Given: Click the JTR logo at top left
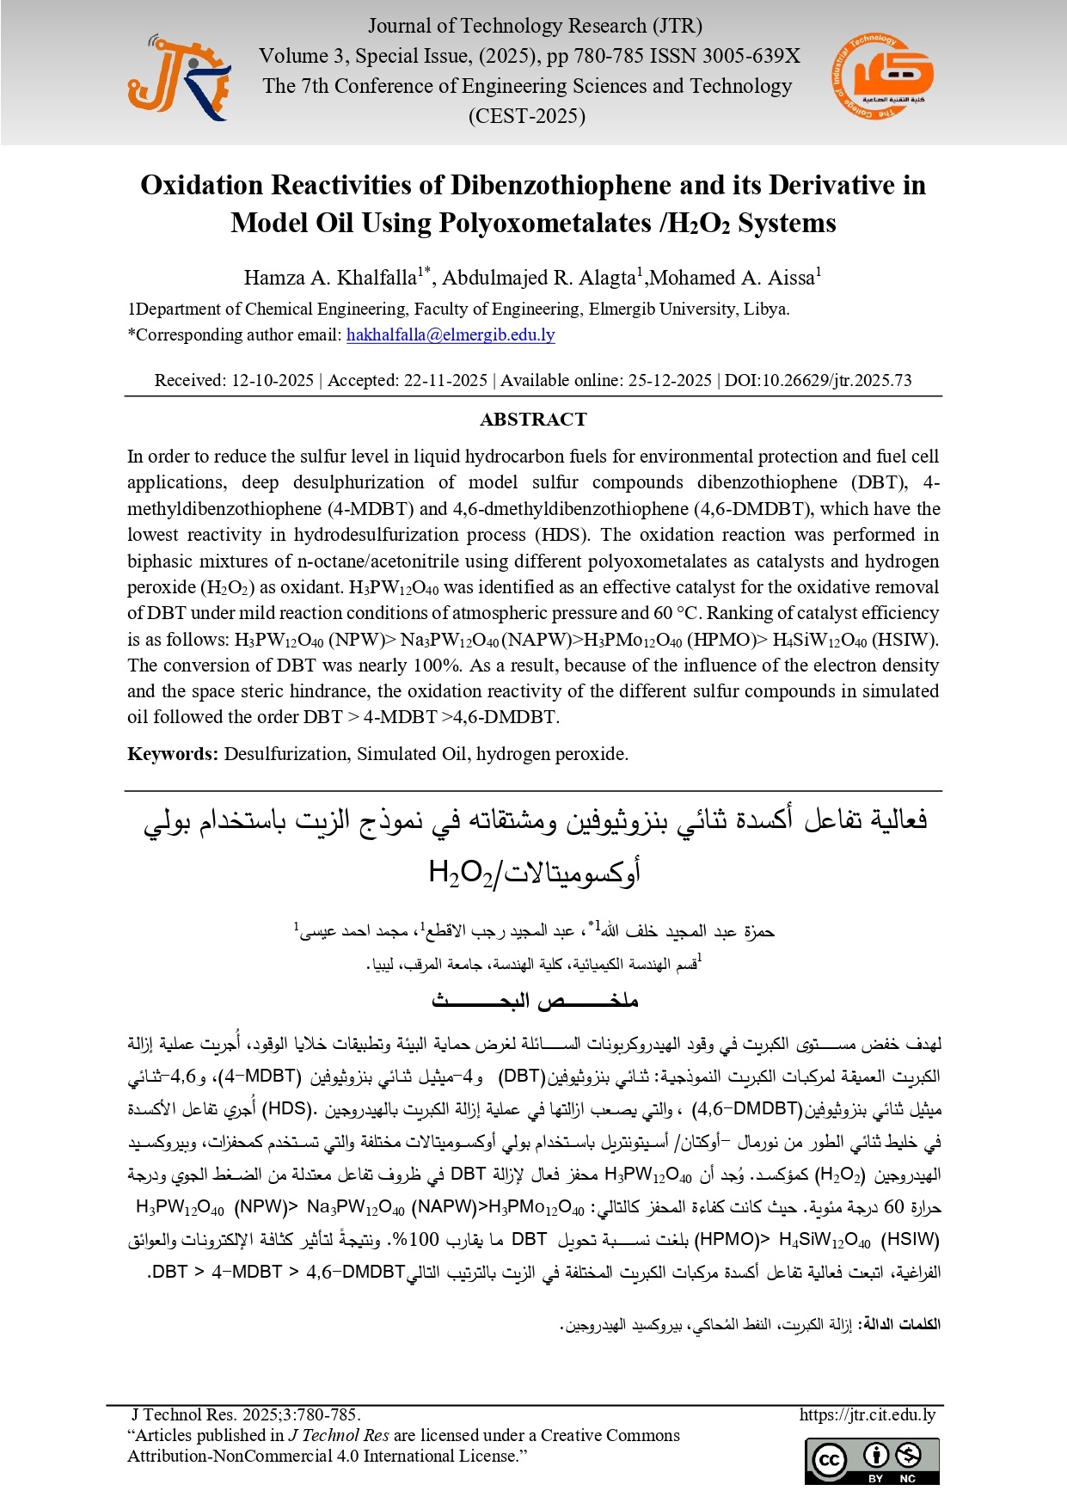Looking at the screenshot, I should (179, 78).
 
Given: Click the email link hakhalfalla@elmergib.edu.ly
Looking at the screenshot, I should (451, 335).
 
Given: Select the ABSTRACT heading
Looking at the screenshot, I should (533, 420).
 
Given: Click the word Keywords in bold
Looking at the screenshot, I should (173, 754).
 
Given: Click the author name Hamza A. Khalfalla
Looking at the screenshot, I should (330, 278).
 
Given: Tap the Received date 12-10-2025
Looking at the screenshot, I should (273, 380).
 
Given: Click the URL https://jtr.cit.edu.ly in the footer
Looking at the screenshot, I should (867, 1414).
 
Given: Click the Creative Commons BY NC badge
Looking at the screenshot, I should (872, 1461).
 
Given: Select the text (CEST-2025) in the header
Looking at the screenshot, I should (526, 116).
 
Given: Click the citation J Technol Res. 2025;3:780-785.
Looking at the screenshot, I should (245, 1414).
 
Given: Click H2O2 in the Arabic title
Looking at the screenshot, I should (460, 873).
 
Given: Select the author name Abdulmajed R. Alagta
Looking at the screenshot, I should (538, 278).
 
